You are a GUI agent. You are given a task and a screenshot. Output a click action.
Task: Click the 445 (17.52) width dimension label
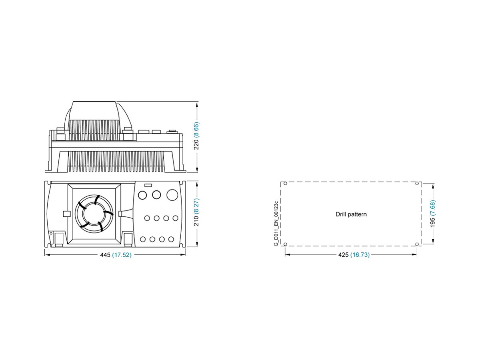click(x=115, y=255)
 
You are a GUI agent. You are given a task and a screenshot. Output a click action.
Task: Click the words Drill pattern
click(x=351, y=214)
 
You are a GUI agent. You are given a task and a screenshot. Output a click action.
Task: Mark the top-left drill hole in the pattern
click(x=285, y=184)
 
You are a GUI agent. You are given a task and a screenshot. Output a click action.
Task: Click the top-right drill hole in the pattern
click(x=417, y=184)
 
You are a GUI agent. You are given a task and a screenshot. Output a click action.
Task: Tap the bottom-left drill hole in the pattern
click(x=285, y=244)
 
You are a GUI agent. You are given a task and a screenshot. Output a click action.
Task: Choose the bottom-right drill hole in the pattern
click(x=417, y=244)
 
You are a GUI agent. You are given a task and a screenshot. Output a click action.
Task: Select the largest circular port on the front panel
click(x=172, y=195)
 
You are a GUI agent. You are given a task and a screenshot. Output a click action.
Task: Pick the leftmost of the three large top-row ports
click(x=142, y=195)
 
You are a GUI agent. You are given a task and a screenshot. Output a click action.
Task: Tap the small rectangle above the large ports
click(x=148, y=185)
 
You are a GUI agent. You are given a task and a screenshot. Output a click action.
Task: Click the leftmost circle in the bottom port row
click(x=143, y=239)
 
